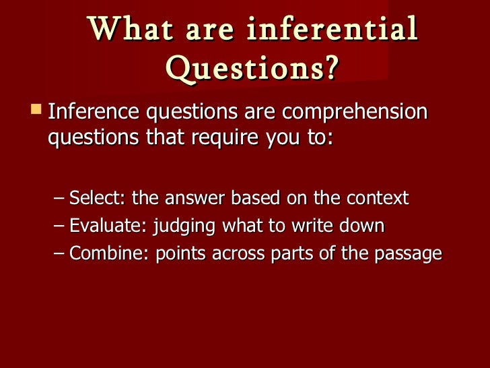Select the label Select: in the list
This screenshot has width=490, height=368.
click(x=98, y=199)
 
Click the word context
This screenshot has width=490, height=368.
click(x=379, y=199)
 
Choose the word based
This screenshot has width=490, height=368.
click(x=254, y=199)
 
